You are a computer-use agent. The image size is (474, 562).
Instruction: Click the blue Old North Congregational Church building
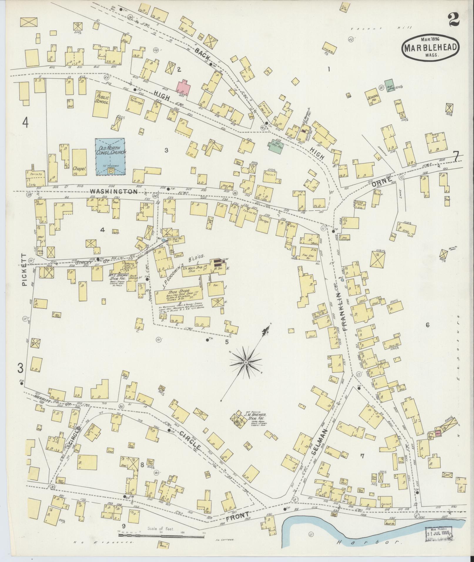(x=110, y=157)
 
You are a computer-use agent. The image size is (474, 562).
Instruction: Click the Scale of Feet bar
(x=161, y=535)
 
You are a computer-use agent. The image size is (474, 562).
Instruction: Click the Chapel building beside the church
(x=79, y=162)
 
